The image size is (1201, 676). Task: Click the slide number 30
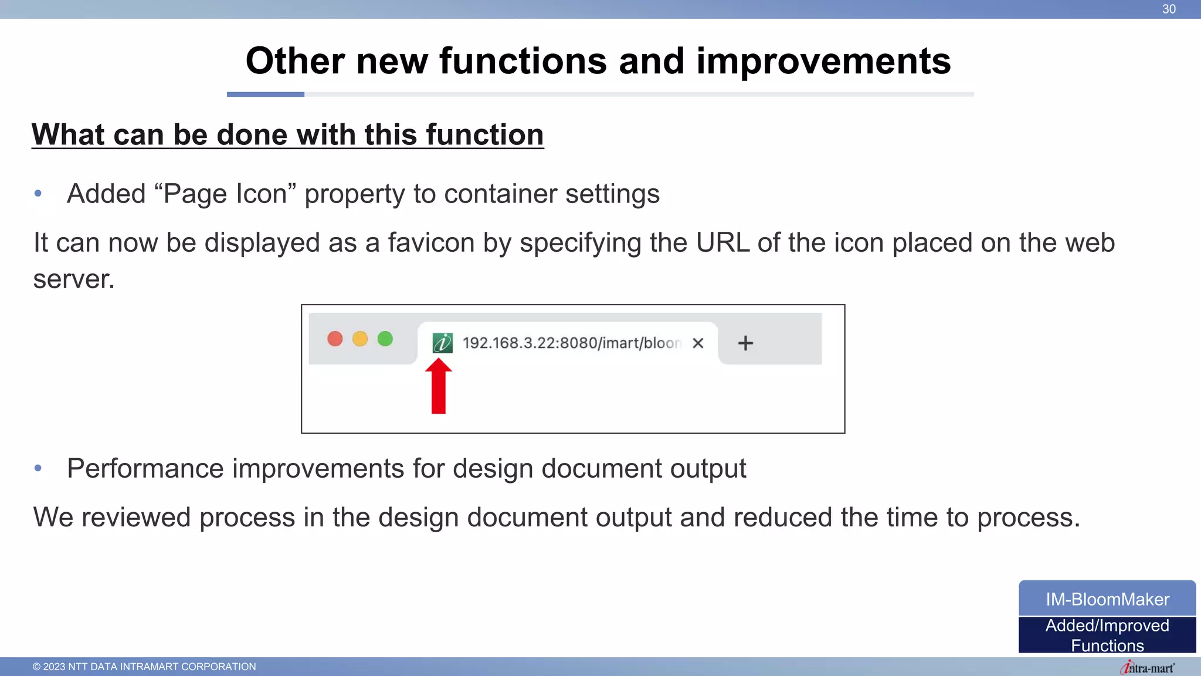(1169, 9)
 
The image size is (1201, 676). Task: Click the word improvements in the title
(823, 61)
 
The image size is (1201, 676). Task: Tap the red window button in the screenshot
(335, 339)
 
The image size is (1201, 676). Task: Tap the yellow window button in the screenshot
(360, 339)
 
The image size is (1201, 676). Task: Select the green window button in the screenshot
(385, 339)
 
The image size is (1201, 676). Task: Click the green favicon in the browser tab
(442, 343)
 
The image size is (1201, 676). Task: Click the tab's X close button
(698, 343)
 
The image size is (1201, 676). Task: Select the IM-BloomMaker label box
(1107, 599)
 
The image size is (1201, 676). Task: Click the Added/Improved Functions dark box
(1107, 635)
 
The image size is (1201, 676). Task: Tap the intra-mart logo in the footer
(1147, 668)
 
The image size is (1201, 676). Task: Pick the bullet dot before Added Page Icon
(38, 194)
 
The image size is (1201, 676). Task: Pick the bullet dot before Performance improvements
(38, 468)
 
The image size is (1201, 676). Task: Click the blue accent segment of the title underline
(265, 94)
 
